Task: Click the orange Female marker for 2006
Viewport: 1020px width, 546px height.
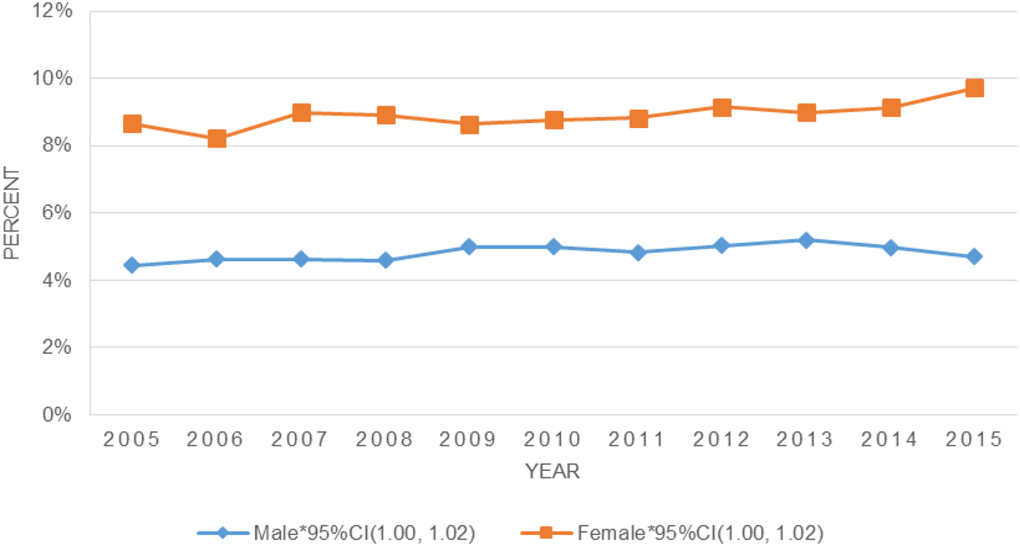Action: click(216, 138)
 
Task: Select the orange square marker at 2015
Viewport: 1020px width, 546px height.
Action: click(974, 88)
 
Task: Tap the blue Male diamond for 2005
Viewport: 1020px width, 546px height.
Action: click(132, 265)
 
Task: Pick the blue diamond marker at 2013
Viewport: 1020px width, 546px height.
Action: click(806, 240)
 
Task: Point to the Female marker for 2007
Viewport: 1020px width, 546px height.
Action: click(301, 113)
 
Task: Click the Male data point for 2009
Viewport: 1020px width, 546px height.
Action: click(469, 247)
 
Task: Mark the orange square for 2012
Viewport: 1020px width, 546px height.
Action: click(721, 108)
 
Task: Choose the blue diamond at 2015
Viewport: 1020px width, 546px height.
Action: click(974, 256)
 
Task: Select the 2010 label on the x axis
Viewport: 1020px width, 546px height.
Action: click(553, 440)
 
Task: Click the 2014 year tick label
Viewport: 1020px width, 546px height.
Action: click(890, 440)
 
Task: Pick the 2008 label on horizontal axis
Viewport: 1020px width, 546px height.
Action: click(385, 440)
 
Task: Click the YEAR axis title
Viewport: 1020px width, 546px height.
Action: click(553, 472)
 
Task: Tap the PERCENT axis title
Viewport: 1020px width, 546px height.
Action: click(11, 213)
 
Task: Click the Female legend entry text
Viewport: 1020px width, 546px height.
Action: click(700, 534)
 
